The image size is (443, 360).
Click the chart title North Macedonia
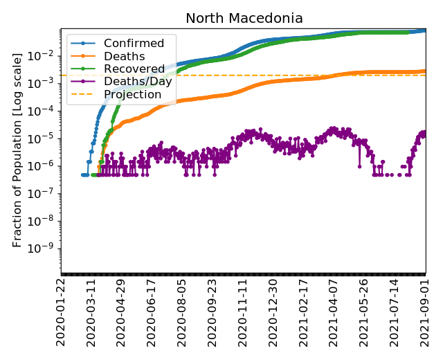point(244,19)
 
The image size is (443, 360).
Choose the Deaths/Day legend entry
point(138,82)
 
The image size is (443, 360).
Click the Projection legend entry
point(132,94)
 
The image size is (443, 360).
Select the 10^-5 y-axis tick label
point(43,138)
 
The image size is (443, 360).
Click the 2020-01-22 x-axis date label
point(62,312)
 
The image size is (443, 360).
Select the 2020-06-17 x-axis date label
point(153,312)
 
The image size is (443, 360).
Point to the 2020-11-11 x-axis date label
point(244,312)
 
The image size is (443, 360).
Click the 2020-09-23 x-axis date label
point(213,312)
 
